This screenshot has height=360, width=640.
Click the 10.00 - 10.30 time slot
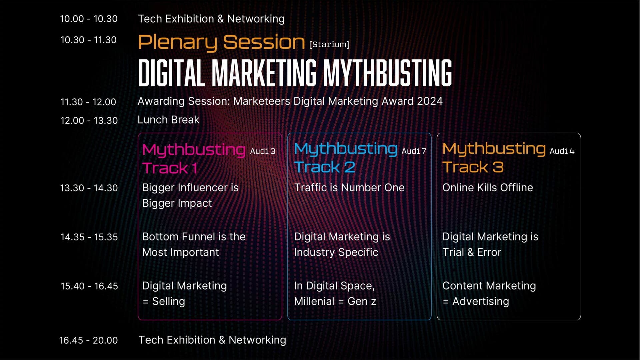click(89, 19)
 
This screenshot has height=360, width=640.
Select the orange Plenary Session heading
click(221, 43)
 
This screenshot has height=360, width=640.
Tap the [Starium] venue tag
click(329, 44)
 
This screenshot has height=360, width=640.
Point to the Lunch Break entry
click(168, 120)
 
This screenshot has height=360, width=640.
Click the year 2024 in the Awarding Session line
click(430, 101)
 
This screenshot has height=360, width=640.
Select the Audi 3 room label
click(263, 151)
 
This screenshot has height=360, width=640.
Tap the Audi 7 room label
click(414, 151)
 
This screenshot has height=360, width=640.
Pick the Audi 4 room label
click(562, 151)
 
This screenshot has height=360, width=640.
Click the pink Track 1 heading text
click(170, 168)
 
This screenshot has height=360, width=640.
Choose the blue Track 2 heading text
click(325, 167)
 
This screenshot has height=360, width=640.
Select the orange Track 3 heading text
click(473, 167)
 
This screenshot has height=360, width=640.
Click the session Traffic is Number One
click(349, 187)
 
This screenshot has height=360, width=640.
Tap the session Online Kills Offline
click(488, 187)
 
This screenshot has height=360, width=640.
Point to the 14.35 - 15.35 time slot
click(89, 237)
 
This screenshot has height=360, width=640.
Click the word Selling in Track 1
click(169, 301)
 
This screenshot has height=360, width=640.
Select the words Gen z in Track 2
click(362, 301)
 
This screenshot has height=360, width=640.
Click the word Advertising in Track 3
click(481, 301)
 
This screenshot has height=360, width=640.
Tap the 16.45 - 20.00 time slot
click(88, 340)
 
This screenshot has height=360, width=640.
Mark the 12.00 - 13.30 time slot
click(89, 120)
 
